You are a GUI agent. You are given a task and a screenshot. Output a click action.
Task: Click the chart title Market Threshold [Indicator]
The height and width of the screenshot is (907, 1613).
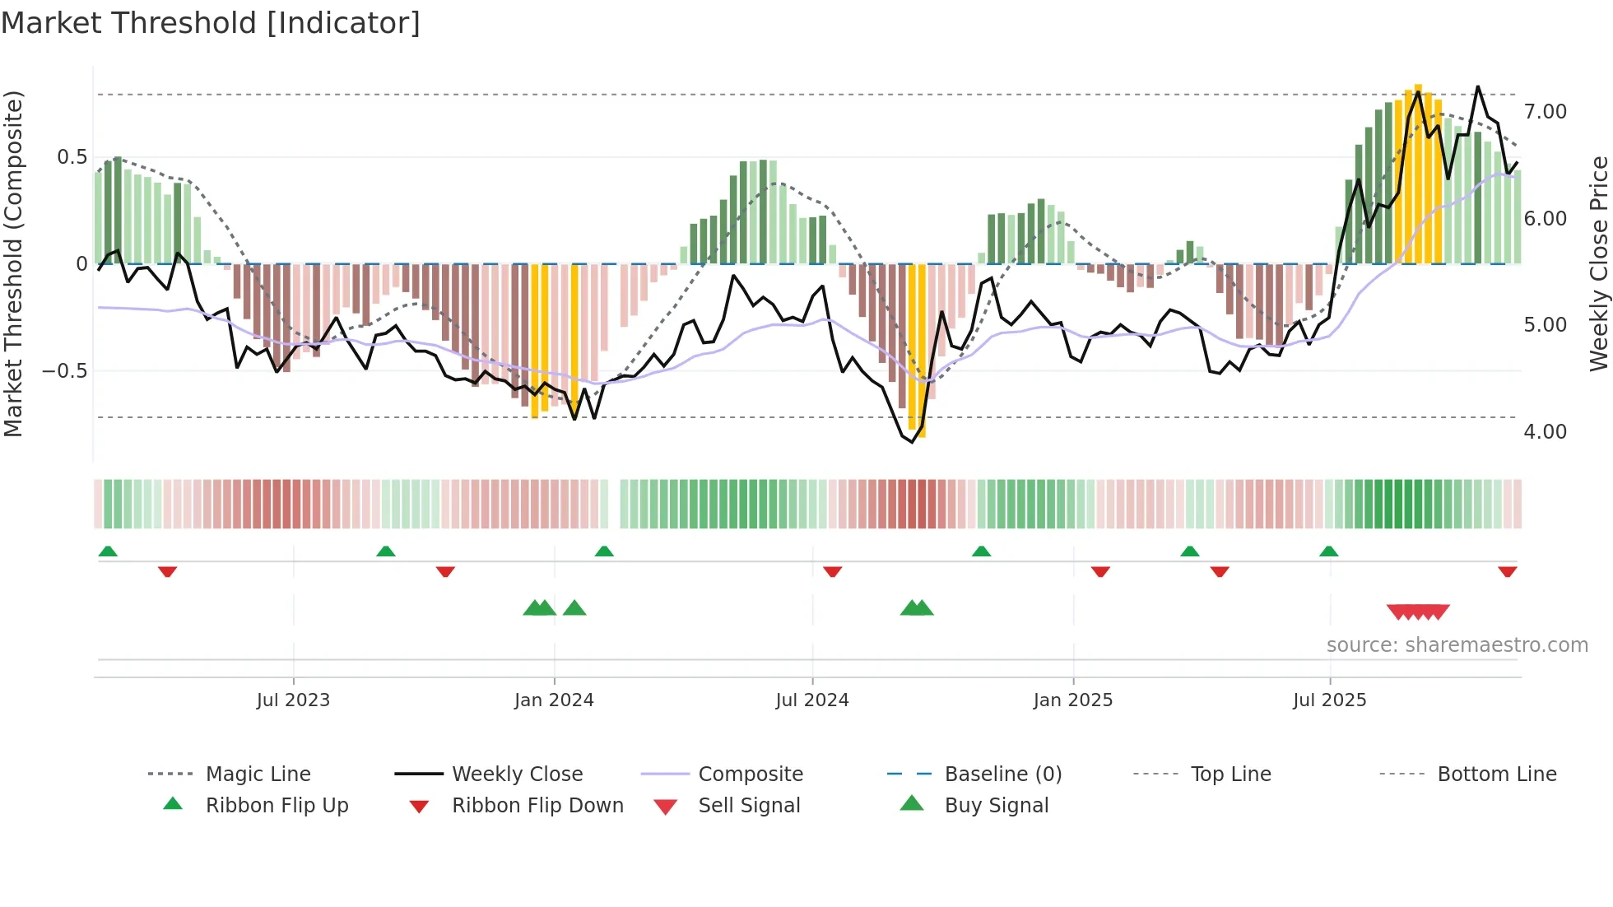pyautogui.click(x=211, y=23)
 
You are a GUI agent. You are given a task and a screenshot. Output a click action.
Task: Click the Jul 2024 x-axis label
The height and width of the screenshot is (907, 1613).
pyautogui.click(x=811, y=700)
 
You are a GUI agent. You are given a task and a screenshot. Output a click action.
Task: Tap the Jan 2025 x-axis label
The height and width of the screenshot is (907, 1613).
pyautogui.click(x=1072, y=700)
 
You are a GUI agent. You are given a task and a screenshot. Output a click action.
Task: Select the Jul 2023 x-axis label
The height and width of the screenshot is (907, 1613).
pyautogui.click(x=293, y=700)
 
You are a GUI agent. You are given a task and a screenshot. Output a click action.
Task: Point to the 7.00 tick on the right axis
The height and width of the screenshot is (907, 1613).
pyautogui.click(x=1545, y=112)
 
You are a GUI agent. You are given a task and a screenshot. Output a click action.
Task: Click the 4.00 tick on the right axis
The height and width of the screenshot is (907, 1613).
pyautogui.click(x=1545, y=432)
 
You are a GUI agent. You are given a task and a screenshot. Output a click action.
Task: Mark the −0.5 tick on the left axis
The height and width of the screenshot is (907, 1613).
pyautogui.click(x=65, y=371)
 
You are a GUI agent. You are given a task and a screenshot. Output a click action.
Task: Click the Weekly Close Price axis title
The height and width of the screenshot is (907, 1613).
pyautogui.click(x=1598, y=263)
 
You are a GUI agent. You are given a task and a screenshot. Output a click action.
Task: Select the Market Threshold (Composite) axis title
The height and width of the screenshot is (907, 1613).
pyautogui.click(x=13, y=263)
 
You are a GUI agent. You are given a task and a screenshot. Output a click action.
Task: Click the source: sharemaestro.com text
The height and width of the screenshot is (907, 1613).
pyautogui.click(x=1457, y=645)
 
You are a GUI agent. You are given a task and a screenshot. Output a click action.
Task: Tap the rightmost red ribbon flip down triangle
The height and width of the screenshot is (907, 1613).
pyautogui.click(x=1507, y=572)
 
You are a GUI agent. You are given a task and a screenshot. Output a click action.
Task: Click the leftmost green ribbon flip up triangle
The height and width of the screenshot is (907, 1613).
pyautogui.click(x=108, y=551)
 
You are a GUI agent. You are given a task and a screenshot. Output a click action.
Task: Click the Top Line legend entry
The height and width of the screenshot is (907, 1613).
pyautogui.click(x=1230, y=774)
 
